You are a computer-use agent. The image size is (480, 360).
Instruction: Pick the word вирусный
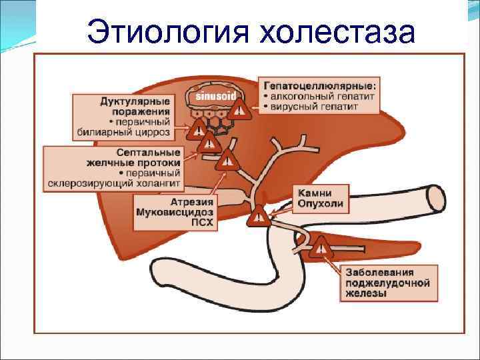(x=298, y=107)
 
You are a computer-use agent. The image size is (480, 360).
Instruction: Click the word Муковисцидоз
(x=175, y=213)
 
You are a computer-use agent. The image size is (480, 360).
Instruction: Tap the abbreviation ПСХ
(x=203, y=223)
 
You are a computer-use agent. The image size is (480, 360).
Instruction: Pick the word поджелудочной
(x=387, y=283)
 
